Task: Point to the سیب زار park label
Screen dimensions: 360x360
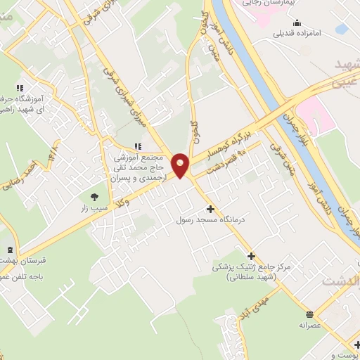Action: coord(95,208)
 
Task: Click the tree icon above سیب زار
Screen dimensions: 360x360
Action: coord(95,196)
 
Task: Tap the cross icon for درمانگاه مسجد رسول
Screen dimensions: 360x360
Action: coord(210,209)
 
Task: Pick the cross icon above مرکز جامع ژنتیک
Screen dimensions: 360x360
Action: coord(251,256)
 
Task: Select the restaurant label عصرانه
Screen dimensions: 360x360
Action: coord(310,325)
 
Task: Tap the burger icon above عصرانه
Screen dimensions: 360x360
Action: coord(310,314)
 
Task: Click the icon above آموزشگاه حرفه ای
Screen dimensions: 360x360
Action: coord(20,87)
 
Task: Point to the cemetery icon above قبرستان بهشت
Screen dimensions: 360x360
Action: coord(9,250)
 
